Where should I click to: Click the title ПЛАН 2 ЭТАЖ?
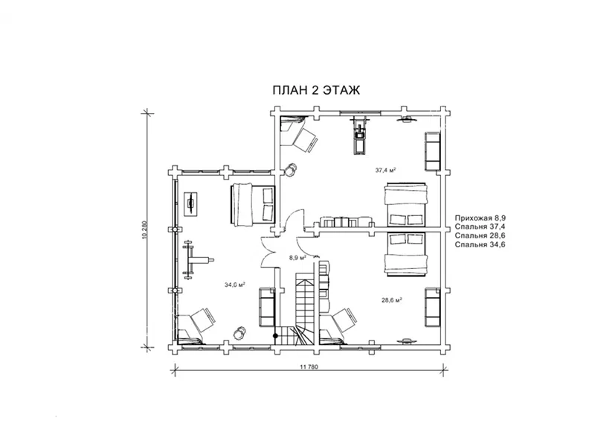click(x=316, y=90)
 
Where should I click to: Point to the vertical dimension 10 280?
click(x=144, y=230)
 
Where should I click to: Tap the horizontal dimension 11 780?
click(x=309, y=367)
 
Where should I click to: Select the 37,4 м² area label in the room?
click(x=385, y=171)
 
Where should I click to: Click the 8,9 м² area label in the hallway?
click(x=297, y=257)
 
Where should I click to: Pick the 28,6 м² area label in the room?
click(x=392, y=300)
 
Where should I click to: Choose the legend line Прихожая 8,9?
click(x=480, y=218)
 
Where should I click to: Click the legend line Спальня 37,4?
click(x=480, y=227)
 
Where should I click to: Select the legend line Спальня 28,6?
click(x=480, y=235)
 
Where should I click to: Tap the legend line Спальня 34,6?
click(x=480, y=244)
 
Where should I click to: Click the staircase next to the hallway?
click(x=303, y=308)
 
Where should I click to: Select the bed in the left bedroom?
click(x=252, y=205)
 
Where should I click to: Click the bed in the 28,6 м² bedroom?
click(x=406, y=254)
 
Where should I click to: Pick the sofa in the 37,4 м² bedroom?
click(x=432, y=151)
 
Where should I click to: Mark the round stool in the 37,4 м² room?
click(x=291, y=170)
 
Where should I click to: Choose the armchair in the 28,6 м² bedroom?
click(x=339, y=323)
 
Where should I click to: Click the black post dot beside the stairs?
click(x=276, y=336)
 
